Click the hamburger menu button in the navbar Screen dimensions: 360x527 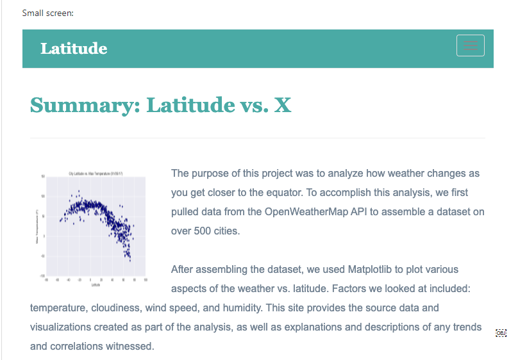click(470, 45)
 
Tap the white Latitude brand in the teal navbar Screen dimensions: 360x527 click(74, 49)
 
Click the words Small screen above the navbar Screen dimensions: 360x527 click(47, 13)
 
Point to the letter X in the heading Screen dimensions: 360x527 click(282, 104)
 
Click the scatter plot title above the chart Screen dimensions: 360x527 click(96, 174)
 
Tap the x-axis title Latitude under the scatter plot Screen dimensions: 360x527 click(96, 284)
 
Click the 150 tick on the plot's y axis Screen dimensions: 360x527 click(43, 176)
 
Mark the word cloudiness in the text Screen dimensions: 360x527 click(115, 308)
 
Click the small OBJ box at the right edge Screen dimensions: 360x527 click(501, 333)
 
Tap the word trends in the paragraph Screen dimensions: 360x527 click(467, 327)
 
